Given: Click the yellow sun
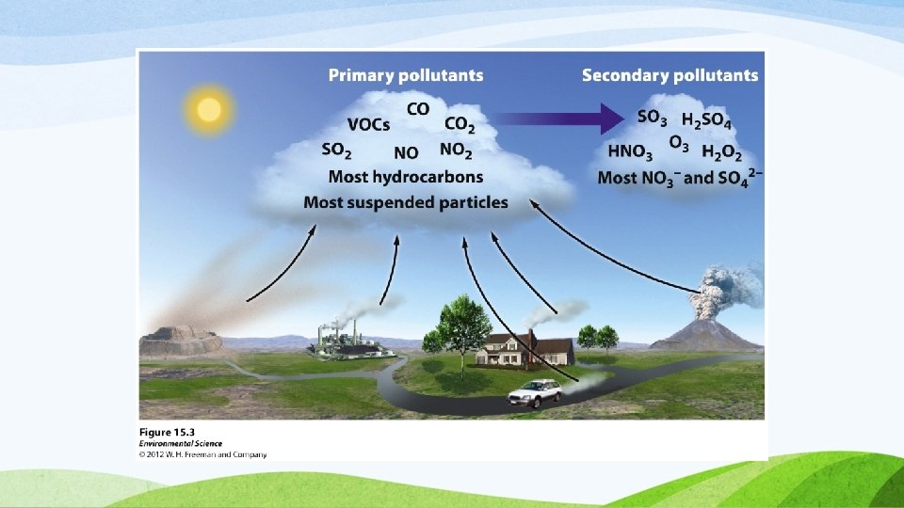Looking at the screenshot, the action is point(209,109).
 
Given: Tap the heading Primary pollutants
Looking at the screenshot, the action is point(406,75).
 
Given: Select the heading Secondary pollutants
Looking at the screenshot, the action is point(670,75).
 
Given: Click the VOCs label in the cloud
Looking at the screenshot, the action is point(368,124).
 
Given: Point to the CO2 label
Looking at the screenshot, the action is point(460,124).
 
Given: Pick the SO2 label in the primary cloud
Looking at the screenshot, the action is point(336,151).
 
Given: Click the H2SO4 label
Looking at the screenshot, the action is point(706,120).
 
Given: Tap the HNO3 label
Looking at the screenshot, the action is point(630,152).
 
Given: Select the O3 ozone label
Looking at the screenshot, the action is point(679,143).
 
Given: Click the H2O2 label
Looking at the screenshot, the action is point(722,152).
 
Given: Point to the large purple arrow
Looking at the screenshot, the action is point(559,119).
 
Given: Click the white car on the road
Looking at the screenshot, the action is point(535,393).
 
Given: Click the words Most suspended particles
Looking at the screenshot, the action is point(406,203).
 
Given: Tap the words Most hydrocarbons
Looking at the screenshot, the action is point(406,177).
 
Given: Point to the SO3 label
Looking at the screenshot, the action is point(652,119).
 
